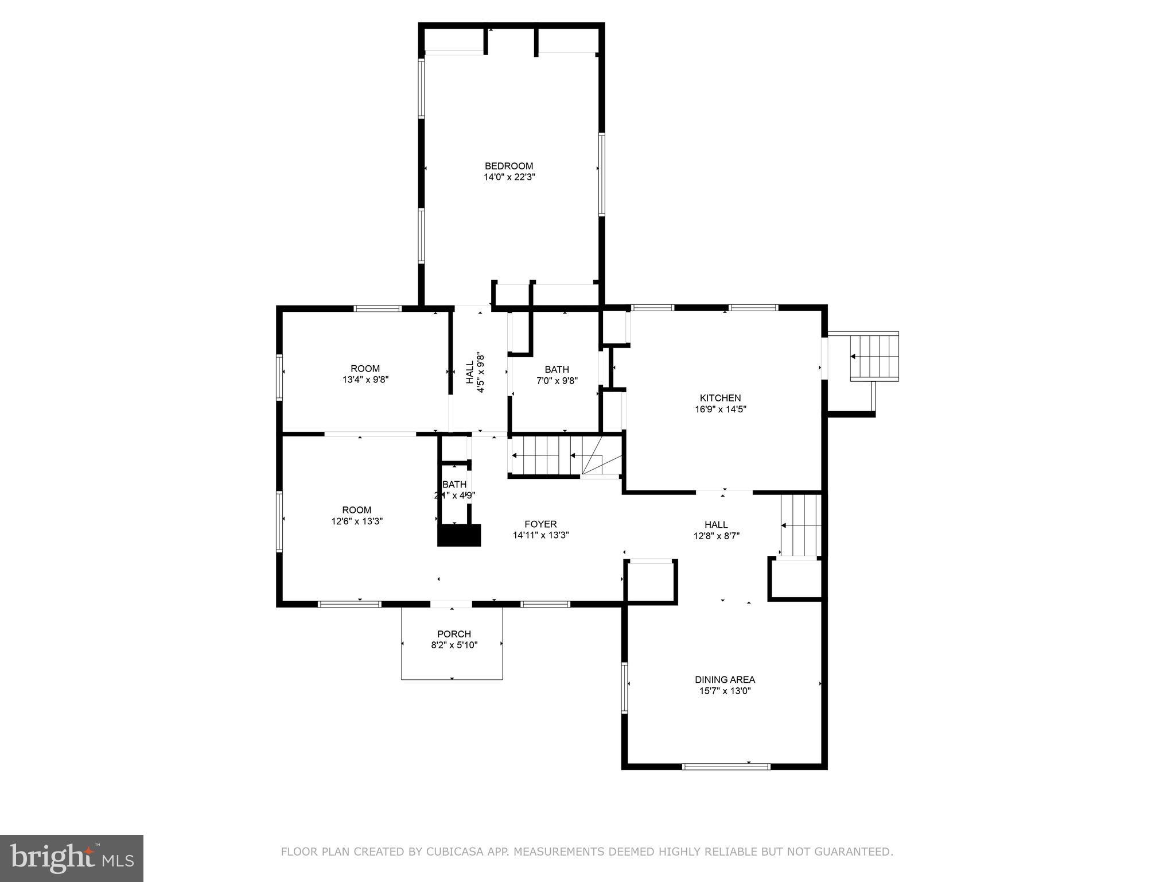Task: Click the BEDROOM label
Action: pos(508,166)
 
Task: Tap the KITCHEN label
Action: pos(720,398)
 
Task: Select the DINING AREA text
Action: pos(725,679)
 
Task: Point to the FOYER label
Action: pos(540,524)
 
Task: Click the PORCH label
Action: pos(454,634)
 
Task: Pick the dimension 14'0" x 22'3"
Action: pos(509,177)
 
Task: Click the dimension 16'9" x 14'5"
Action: pos(720,409)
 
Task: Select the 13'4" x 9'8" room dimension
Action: pos(365,380)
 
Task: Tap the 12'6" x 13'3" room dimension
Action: pos(357,521)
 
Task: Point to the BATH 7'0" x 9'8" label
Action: pos(557,374)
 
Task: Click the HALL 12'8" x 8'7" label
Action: pos(716,530)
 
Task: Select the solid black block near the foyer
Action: pos(459,535)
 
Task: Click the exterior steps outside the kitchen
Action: pos(874,356)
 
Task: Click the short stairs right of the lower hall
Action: pos(801,525)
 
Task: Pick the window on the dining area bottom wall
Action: pos(726,766)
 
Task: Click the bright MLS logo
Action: pos(72,858)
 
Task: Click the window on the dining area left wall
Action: pos(625,687)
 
